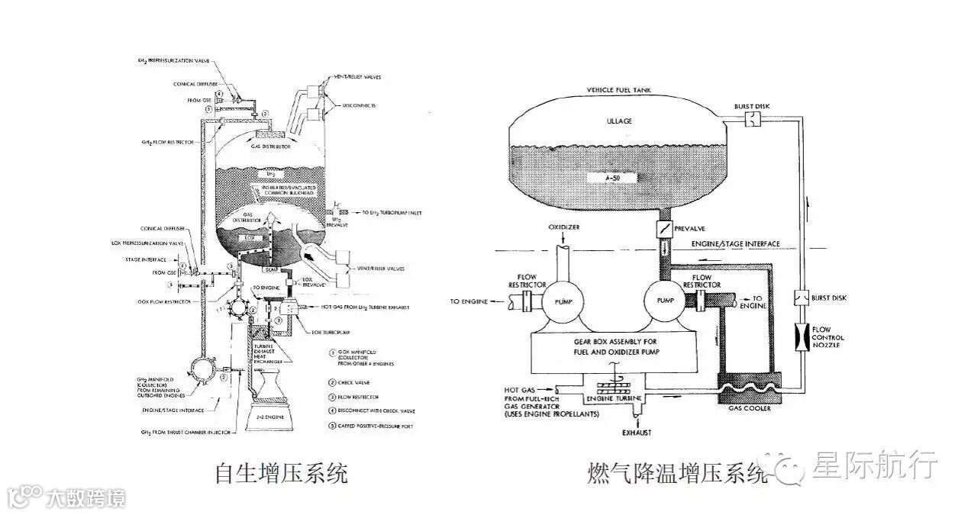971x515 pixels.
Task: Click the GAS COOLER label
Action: click(750, 408)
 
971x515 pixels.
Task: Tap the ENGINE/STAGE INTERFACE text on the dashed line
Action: click(735, 243)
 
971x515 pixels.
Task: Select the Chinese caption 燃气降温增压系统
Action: click(676, 474)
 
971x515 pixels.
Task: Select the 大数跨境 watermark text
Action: click(85, 498)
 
